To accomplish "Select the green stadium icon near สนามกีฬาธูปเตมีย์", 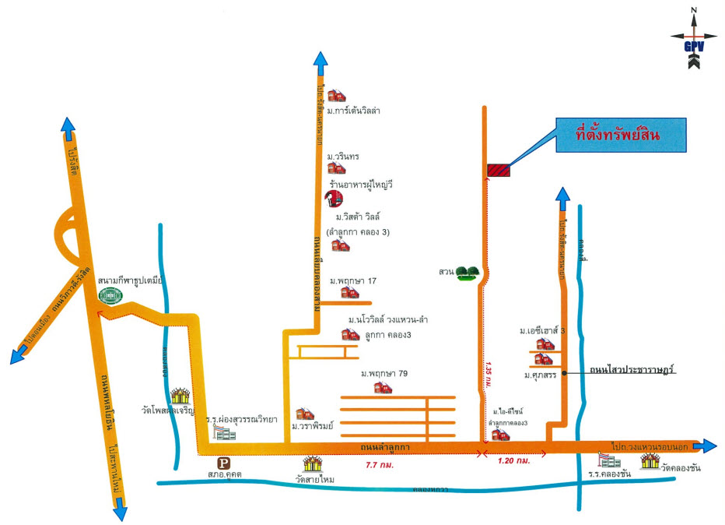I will coord(109,296).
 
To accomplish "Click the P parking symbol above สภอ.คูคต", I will coord(223,461).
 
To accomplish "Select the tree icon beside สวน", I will coord(467,273).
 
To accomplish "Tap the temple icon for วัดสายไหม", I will coord(313,463).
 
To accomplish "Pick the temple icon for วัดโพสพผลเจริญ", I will coord(181,391).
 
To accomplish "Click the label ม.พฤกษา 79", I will coord(384,375).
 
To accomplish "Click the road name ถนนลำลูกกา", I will coord(386,447).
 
